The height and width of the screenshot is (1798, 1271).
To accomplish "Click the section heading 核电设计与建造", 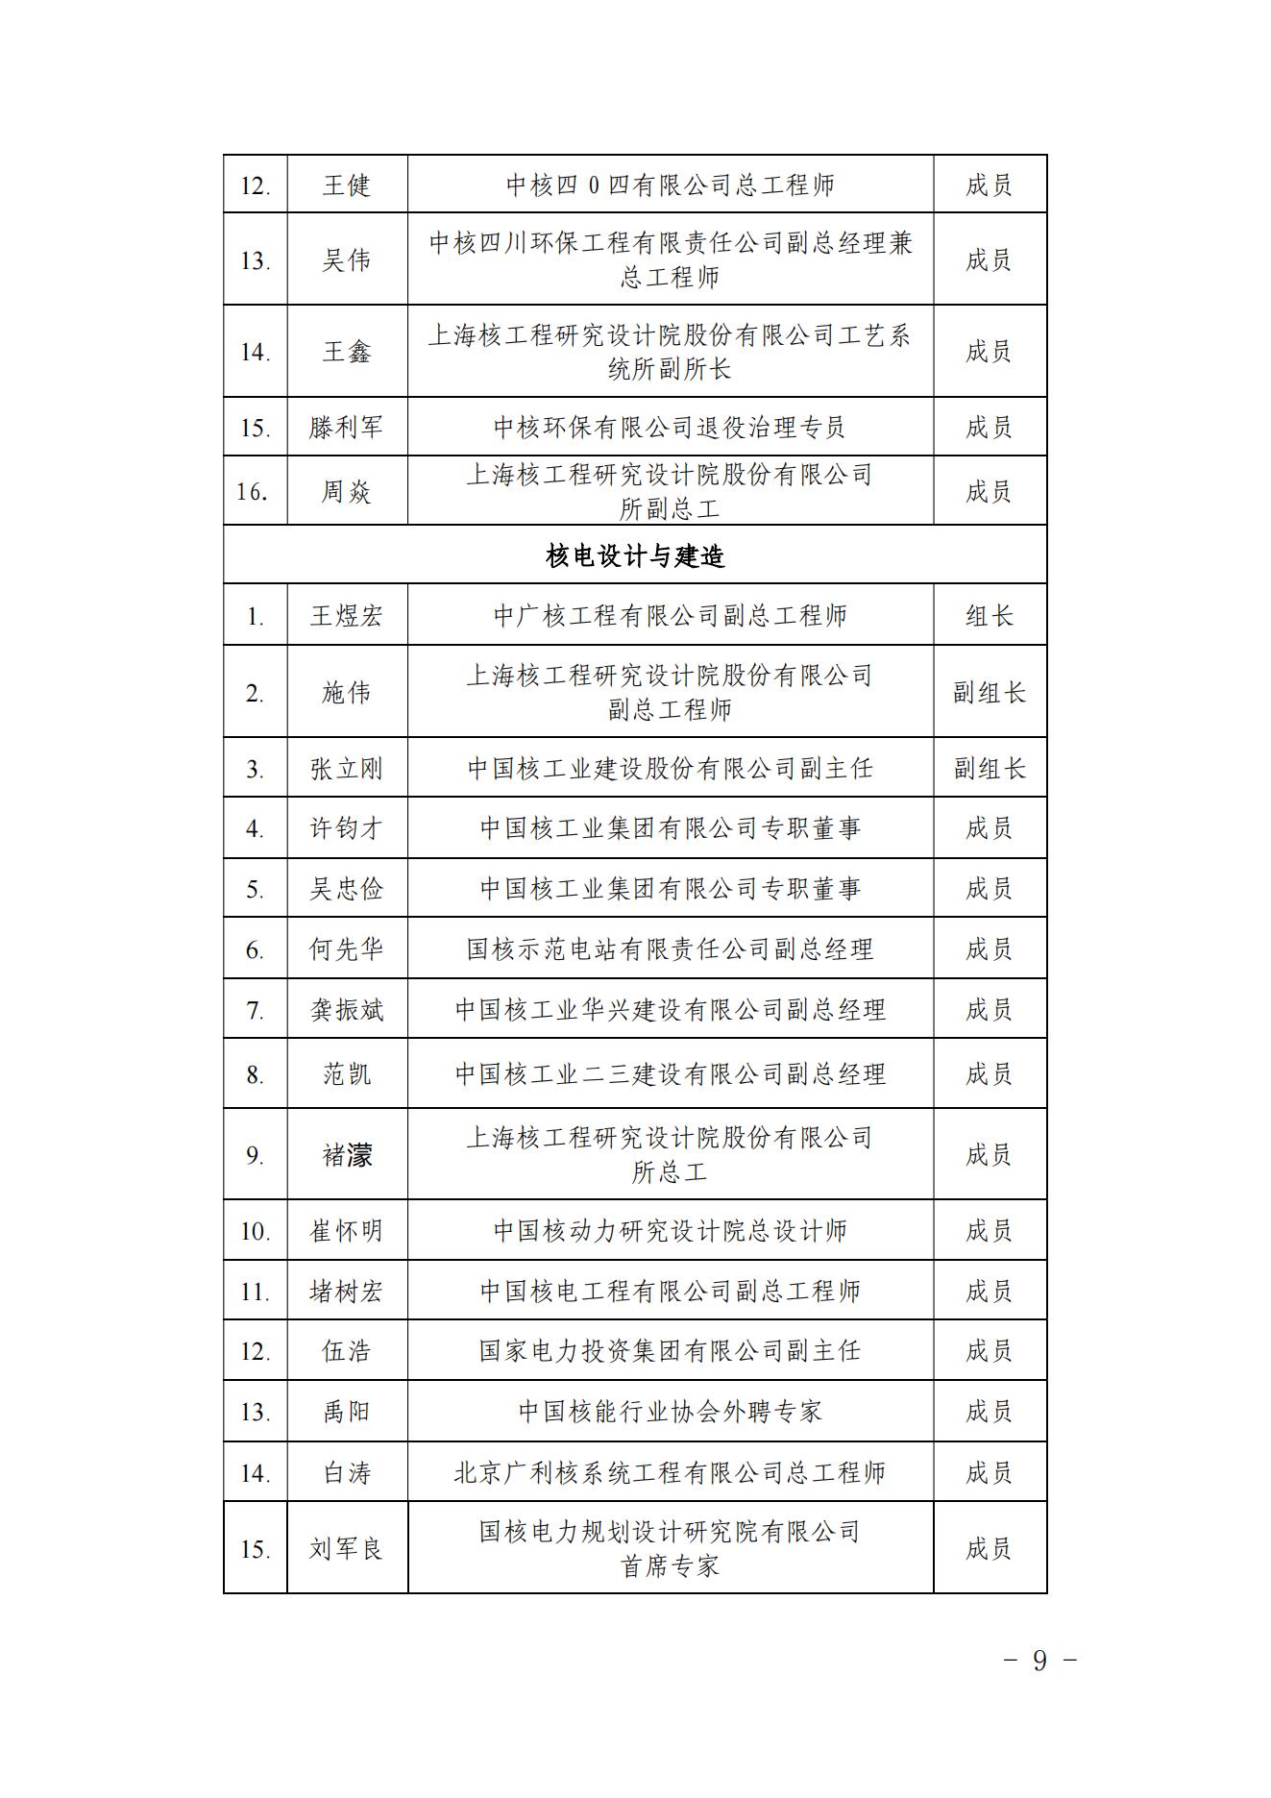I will tap(635, 555).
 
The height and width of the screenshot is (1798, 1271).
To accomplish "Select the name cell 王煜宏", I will tap(346, 615).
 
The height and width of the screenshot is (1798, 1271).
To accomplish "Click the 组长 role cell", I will tap(990, 615).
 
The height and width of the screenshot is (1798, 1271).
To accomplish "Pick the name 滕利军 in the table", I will tap(346, 427).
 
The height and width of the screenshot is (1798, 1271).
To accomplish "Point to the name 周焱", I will tap(346, 491).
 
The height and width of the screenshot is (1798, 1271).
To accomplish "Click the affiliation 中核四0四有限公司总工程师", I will tap(670, 185).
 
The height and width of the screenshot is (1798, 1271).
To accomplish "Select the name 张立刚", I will tap(346, 769).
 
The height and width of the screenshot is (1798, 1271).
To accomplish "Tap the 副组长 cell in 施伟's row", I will tap(990, 692).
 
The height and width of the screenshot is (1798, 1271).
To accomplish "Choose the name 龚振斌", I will tap(346, 1009).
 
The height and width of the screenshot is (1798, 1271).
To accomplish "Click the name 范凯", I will tap(346, 1073).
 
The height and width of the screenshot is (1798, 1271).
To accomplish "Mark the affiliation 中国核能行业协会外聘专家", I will tap(670, 1411).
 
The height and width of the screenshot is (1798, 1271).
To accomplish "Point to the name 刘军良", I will tap(346, 1548).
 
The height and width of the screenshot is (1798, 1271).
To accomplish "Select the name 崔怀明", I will tap(346, 1230).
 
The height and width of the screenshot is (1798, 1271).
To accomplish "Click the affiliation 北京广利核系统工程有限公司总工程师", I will tap(670, 1472).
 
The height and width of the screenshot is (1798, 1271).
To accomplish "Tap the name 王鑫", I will tap(346, 352).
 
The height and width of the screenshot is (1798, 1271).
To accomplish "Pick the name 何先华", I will tap(346, 949).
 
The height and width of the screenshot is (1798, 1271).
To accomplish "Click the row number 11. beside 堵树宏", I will tap(255, 1291).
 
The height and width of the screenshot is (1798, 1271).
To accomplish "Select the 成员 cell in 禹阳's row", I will tap(990, 1411).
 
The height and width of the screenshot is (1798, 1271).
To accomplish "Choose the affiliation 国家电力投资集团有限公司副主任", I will tap(670, 1350).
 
